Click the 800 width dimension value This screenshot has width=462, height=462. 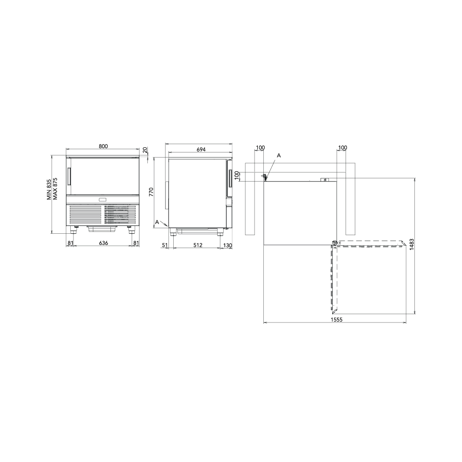click(x=103, y=146)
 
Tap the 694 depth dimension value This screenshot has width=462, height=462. click(x=201, y=149)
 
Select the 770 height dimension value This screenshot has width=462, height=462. click(x=151, y=192)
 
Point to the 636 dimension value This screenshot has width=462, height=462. click(x=103, y=243)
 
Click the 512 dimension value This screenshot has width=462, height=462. click(x=198, y=245)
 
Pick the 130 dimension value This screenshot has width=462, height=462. click(x=228, y=245)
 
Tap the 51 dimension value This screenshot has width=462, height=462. click(x=165, y=245)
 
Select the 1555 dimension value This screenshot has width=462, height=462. click(x=336, y=319)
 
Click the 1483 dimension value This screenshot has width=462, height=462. click(x=412, y=244)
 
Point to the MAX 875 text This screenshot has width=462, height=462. click(x=55, y=189)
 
